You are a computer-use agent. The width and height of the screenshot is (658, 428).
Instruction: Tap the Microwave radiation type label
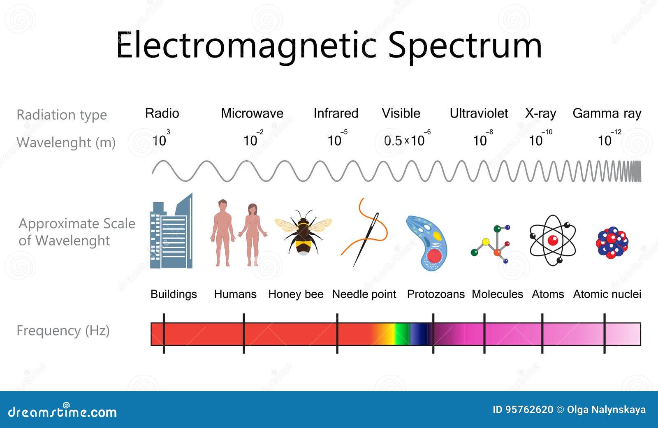tap(252, 113)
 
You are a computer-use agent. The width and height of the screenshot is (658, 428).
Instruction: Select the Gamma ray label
tap(607, 114)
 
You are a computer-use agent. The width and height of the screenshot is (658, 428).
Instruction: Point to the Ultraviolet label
tap(479, 113)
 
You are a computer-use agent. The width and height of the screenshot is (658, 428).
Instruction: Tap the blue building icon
tap(171, 231)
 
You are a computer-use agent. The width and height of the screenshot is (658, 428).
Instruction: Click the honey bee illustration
tap(303, 232)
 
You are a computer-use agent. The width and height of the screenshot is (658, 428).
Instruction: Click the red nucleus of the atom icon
tap(553, 240)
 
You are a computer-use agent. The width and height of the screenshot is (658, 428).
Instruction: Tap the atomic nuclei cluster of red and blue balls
tap(612, 243)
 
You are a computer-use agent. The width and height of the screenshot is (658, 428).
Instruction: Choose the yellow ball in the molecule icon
tap(486, 242)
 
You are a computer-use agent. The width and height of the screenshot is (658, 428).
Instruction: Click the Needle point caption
tap(364, 294)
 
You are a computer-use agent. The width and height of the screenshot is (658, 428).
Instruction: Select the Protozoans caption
tap(436, 294)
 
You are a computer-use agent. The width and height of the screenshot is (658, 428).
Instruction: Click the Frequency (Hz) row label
tap(63, 331)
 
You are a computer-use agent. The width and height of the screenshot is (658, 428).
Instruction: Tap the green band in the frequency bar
tap(401, 334)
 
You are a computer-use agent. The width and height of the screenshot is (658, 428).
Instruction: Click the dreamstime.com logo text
tap(62, 411)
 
